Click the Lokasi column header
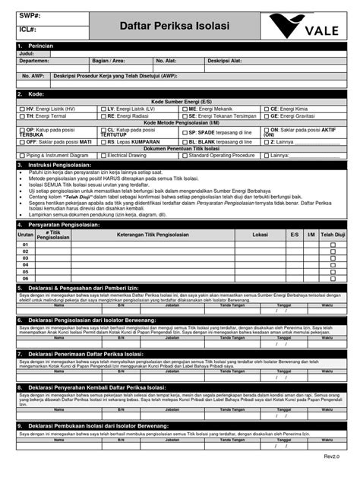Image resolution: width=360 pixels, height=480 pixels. pyautogui.click(x=260, y=213)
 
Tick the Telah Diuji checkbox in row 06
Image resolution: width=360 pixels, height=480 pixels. pyautogui.click(x=332, y=257)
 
